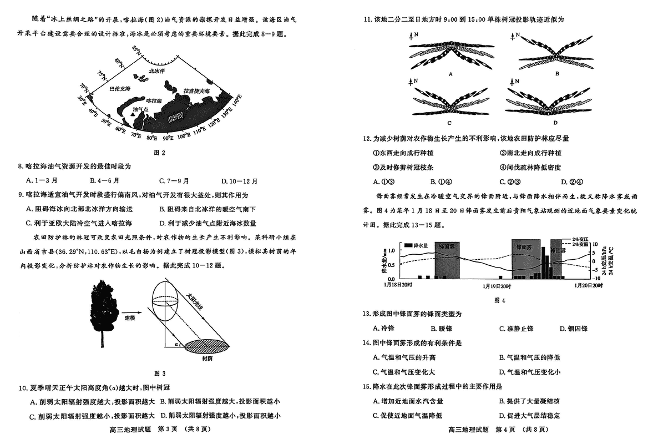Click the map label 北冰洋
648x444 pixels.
[157, 71]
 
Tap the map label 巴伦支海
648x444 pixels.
[120, 89]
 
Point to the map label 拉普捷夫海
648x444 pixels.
[196, 91]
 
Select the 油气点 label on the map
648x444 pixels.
[140, 110]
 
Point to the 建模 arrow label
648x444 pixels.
[131, 318]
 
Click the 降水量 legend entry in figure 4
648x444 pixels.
[417, 245]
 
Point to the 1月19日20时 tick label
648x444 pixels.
[497, 285]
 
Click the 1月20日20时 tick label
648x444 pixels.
[588, 285]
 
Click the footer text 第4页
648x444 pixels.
[505, 430]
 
